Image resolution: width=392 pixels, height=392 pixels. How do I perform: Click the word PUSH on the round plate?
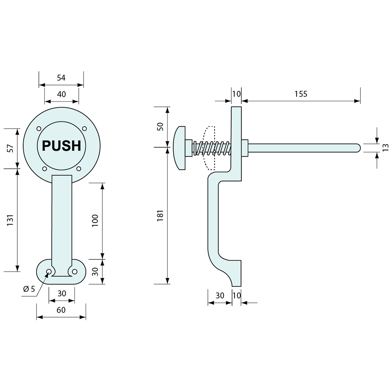point(62,146)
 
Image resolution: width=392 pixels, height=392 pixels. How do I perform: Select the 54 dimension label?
point(61,78)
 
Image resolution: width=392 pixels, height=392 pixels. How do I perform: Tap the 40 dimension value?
point(61,94)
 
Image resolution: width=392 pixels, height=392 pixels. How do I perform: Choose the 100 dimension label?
point(95,221)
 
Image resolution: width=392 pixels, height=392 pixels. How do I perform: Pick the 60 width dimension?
point(61,310)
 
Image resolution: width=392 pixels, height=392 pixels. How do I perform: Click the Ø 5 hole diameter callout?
point(29,289)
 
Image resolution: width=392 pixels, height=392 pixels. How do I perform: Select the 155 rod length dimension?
point(301,94)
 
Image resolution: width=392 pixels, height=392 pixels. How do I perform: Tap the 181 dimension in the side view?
point(160,216)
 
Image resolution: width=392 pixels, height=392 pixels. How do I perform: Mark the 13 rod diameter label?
point(385,148)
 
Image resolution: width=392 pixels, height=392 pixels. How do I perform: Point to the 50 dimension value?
point(160,127)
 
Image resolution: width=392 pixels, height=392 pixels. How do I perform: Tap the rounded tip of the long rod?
point(358,148)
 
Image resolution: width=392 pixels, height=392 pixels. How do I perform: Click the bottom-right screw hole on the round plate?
point(79,169)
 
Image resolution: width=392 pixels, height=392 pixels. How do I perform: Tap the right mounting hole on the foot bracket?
point(74,272)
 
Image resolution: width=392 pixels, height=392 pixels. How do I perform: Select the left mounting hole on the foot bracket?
point(49,272)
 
